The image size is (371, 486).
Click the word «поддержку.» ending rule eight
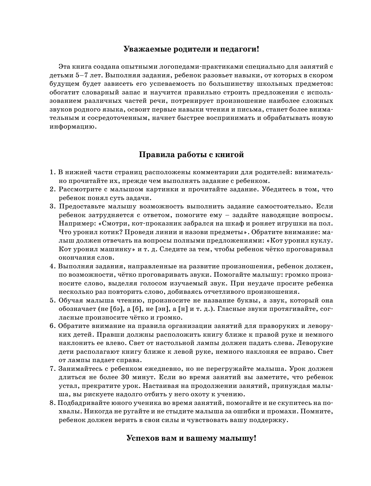pos(267,420)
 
